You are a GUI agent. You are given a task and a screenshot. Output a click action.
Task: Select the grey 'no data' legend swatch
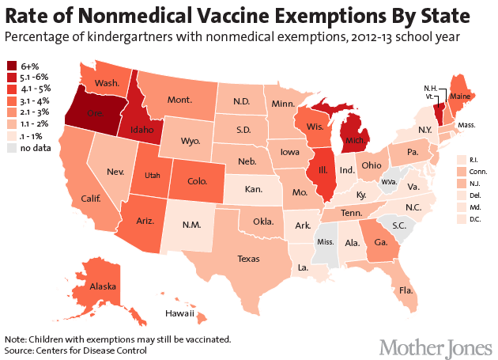(12, 147)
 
